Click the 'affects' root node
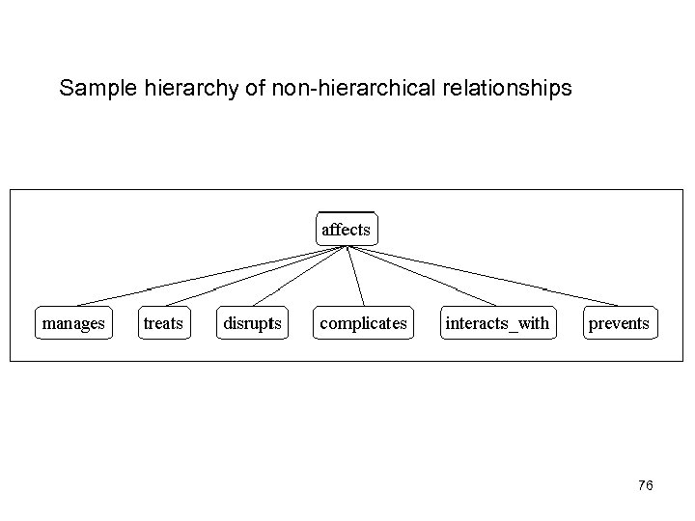click(346, 230)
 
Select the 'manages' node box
click(73, 323)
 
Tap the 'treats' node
click(163, 323)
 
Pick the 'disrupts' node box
click(253, 323)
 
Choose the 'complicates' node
click(363, 323)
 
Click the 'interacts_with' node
click(497, 323)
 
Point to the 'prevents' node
click(619, 323)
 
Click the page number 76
click(646, 485)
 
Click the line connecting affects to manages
click(210, 276)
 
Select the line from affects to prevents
click(483, 276)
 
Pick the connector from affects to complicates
click(355, 277)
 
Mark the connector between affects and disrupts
click(299, 277)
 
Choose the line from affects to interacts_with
click(422, 276)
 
